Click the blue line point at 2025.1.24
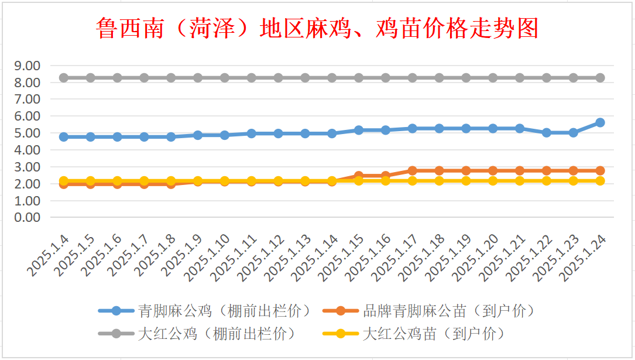600,122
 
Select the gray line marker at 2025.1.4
64,78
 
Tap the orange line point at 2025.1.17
412,170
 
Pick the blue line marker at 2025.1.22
546,133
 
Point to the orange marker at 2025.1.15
359,176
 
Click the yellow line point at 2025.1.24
600,181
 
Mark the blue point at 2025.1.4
64,137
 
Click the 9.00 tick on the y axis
28,66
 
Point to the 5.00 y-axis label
28,133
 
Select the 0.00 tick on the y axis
28,217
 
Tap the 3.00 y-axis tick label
28,167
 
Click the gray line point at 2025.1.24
600,78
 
